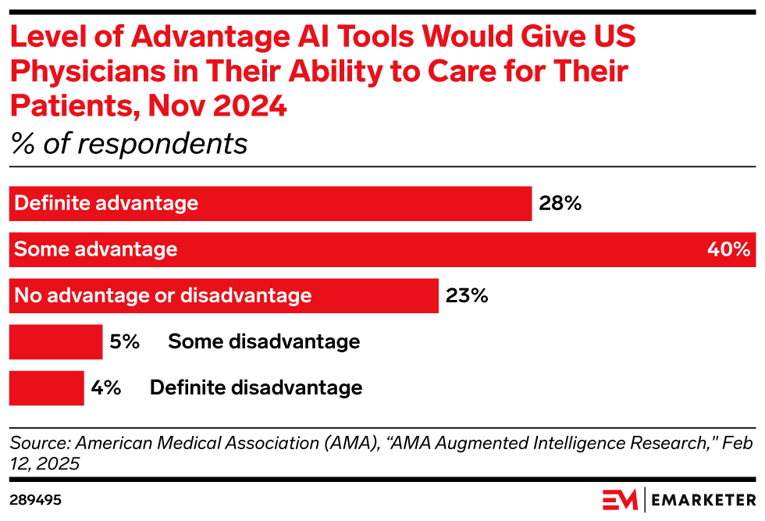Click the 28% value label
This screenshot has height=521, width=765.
560,204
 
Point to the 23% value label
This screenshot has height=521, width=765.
467,296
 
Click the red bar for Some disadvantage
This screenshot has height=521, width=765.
55,342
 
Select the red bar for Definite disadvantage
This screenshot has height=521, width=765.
46,388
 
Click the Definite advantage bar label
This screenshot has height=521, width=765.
106,204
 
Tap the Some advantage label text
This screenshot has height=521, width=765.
96,250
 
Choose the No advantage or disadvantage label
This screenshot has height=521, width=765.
163,296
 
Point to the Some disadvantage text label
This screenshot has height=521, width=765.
264,342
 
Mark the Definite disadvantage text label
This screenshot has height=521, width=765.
256,388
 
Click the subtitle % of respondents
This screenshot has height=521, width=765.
128,144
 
